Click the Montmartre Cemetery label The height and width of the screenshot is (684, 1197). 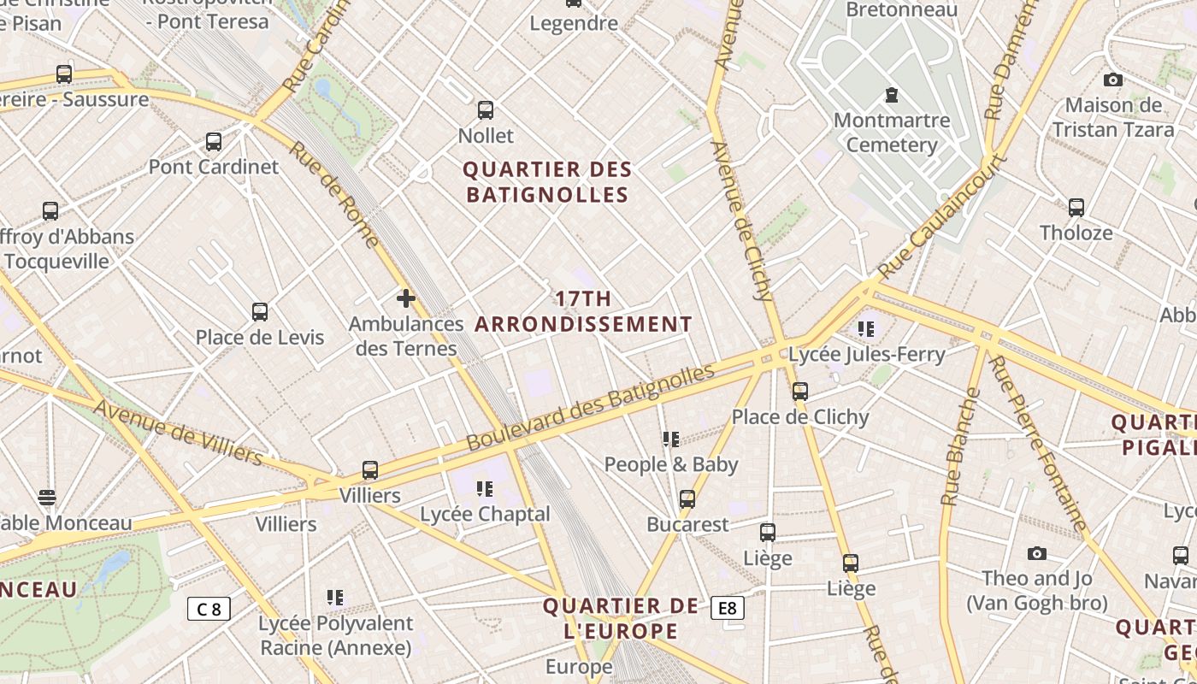click(x=891, y=133)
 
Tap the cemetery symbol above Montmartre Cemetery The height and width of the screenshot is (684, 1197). click(x=892, y=94)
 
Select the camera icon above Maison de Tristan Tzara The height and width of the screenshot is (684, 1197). click(x=1112, y=80)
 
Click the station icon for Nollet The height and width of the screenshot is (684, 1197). click(x=486, y=110)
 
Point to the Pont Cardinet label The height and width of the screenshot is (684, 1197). click(x=214, y=167)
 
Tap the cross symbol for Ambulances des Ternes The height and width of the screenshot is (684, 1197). click(x=406, y=298)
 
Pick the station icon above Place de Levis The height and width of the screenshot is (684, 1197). click(x=260, y=312)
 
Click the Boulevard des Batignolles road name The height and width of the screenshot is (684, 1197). click(x=590, y=409)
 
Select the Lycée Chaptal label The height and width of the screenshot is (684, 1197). click(x=485, y=514)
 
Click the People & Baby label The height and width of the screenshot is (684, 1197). click(x=670, y=464)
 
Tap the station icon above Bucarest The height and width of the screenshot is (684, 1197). click(x=687, y=499)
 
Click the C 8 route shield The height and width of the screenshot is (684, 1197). click(x=209, y=609)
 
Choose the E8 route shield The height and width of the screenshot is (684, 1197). click(x=727, y=608)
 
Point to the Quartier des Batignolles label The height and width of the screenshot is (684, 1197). click(x=547, y=182)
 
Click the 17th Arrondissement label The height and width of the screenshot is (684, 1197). click(x=583, y=311)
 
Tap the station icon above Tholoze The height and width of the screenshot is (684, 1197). click(x=1076, y=207)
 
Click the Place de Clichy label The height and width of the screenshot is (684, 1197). click(x=799, y=417)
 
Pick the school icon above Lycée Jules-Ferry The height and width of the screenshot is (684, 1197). click(x=866, y=328)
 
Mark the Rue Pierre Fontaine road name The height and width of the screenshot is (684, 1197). click(x=1037, y=443)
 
